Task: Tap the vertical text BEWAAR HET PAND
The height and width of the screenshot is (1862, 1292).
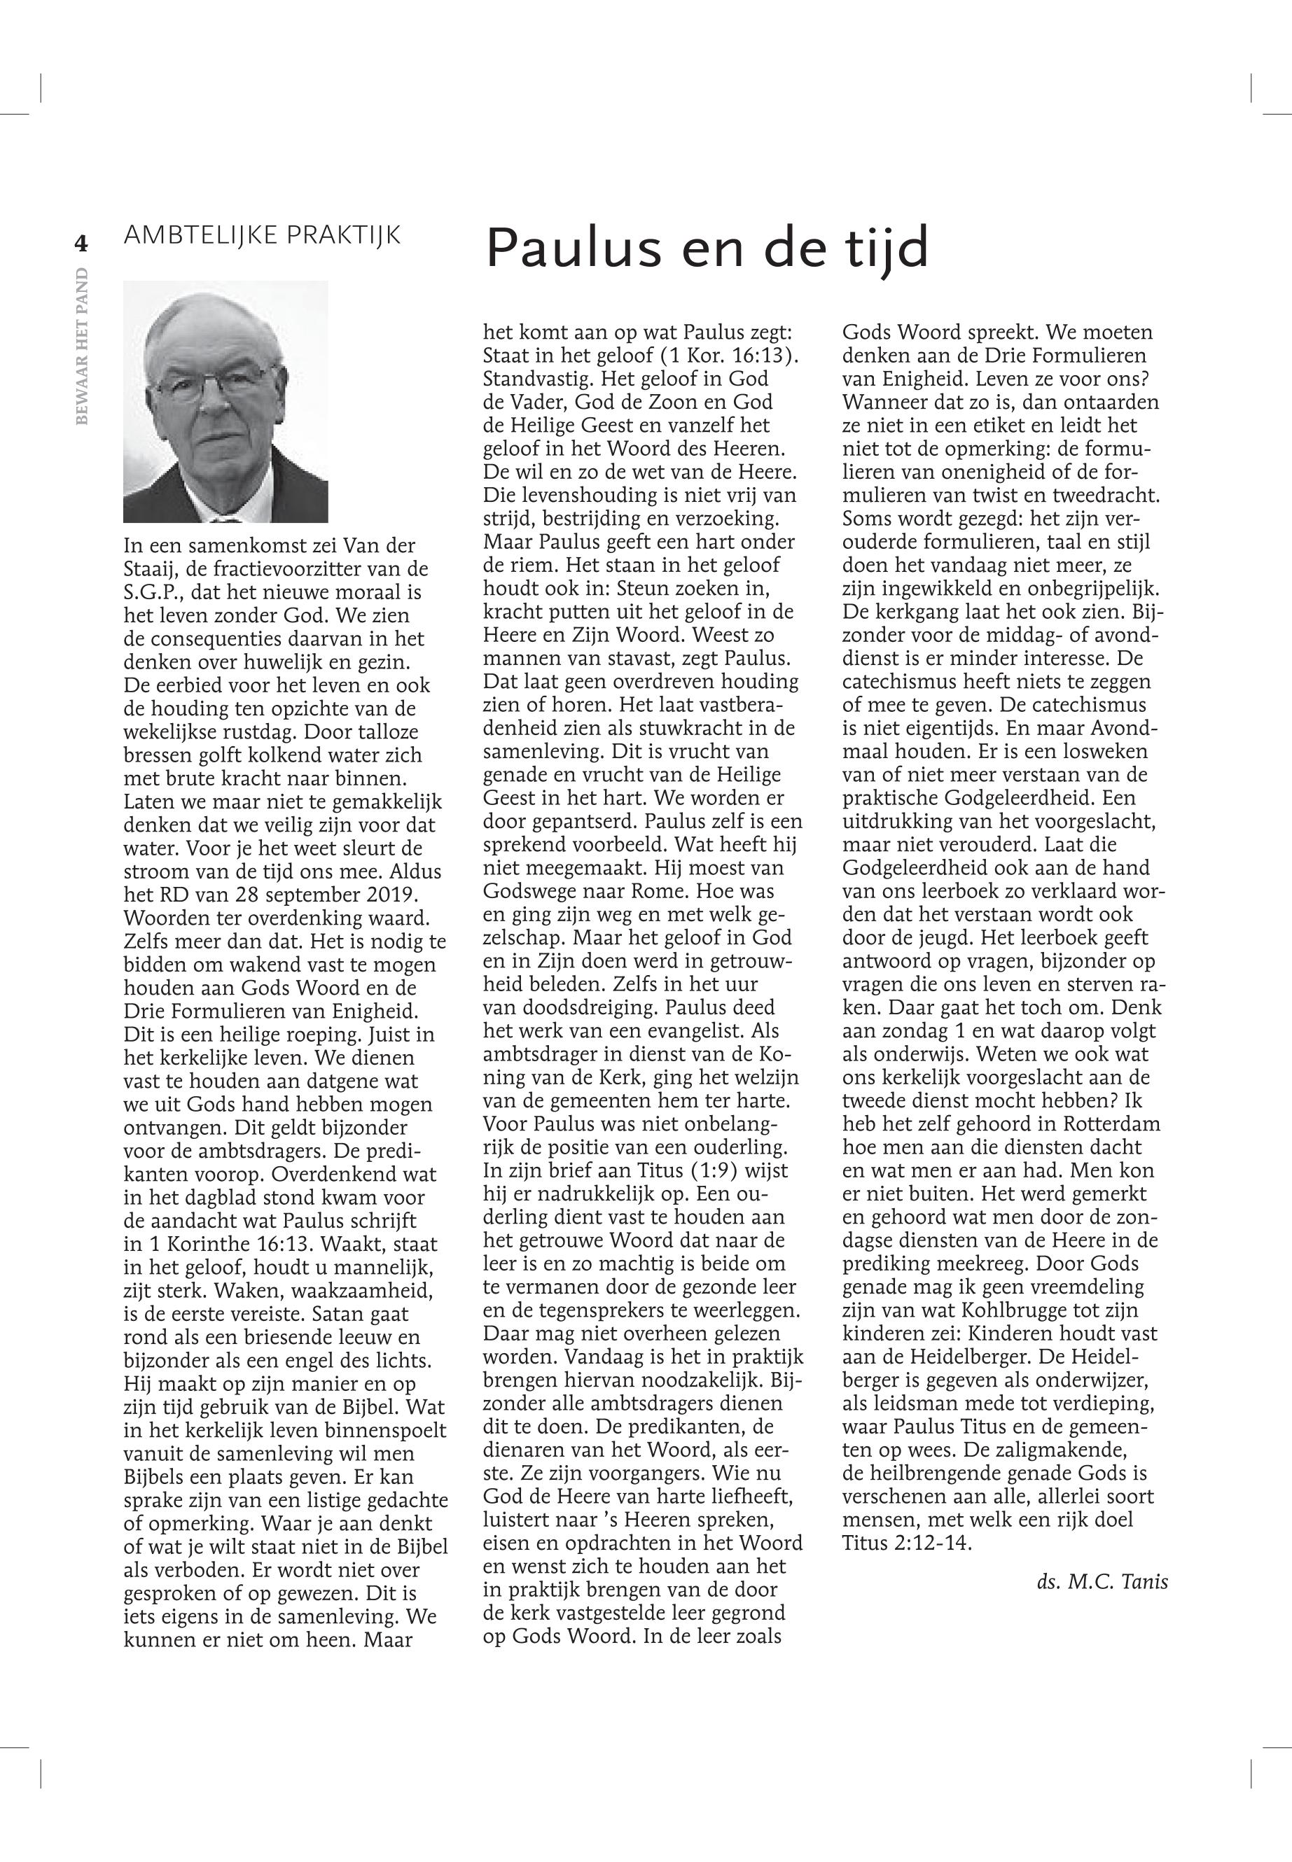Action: tap(81, 346)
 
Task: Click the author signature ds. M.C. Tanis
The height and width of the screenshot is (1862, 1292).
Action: tap(1102, 1582)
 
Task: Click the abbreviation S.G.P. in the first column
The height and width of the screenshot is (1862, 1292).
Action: tap(151, 592)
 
